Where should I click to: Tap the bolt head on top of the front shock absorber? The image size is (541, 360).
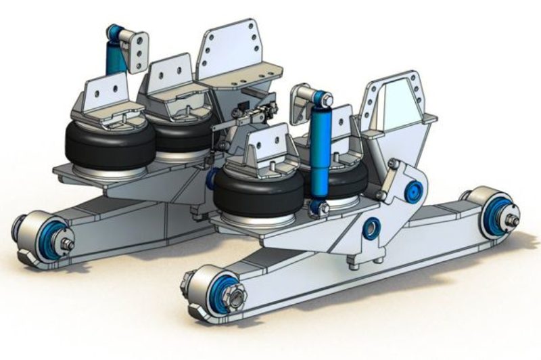tap(327, 102)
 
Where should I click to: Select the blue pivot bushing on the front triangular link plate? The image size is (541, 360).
tap(411, 191)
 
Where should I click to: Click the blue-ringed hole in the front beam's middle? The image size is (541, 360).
tap(371, 228)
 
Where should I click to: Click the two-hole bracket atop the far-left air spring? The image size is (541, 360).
tap(107, 95)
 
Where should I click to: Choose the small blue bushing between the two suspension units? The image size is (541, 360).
tap(211, 179)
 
